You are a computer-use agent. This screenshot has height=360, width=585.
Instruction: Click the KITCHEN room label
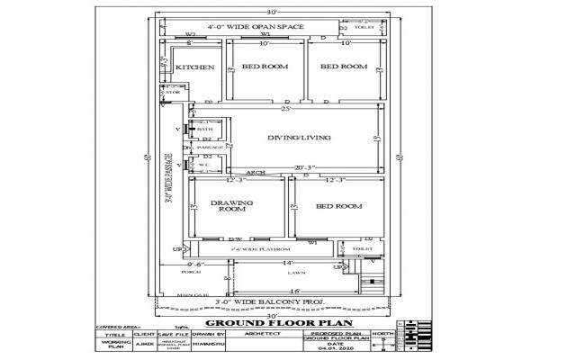click(194, 67)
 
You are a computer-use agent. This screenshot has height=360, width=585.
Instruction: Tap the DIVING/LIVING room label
click(300, 138)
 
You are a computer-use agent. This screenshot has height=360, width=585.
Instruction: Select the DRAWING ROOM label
click(231, 206)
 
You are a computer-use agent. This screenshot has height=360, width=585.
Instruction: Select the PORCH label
click(190, 271)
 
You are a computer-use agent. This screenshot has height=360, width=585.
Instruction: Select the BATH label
click(204, 130)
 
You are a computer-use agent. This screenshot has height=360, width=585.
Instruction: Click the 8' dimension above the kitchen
click(189, 43)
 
